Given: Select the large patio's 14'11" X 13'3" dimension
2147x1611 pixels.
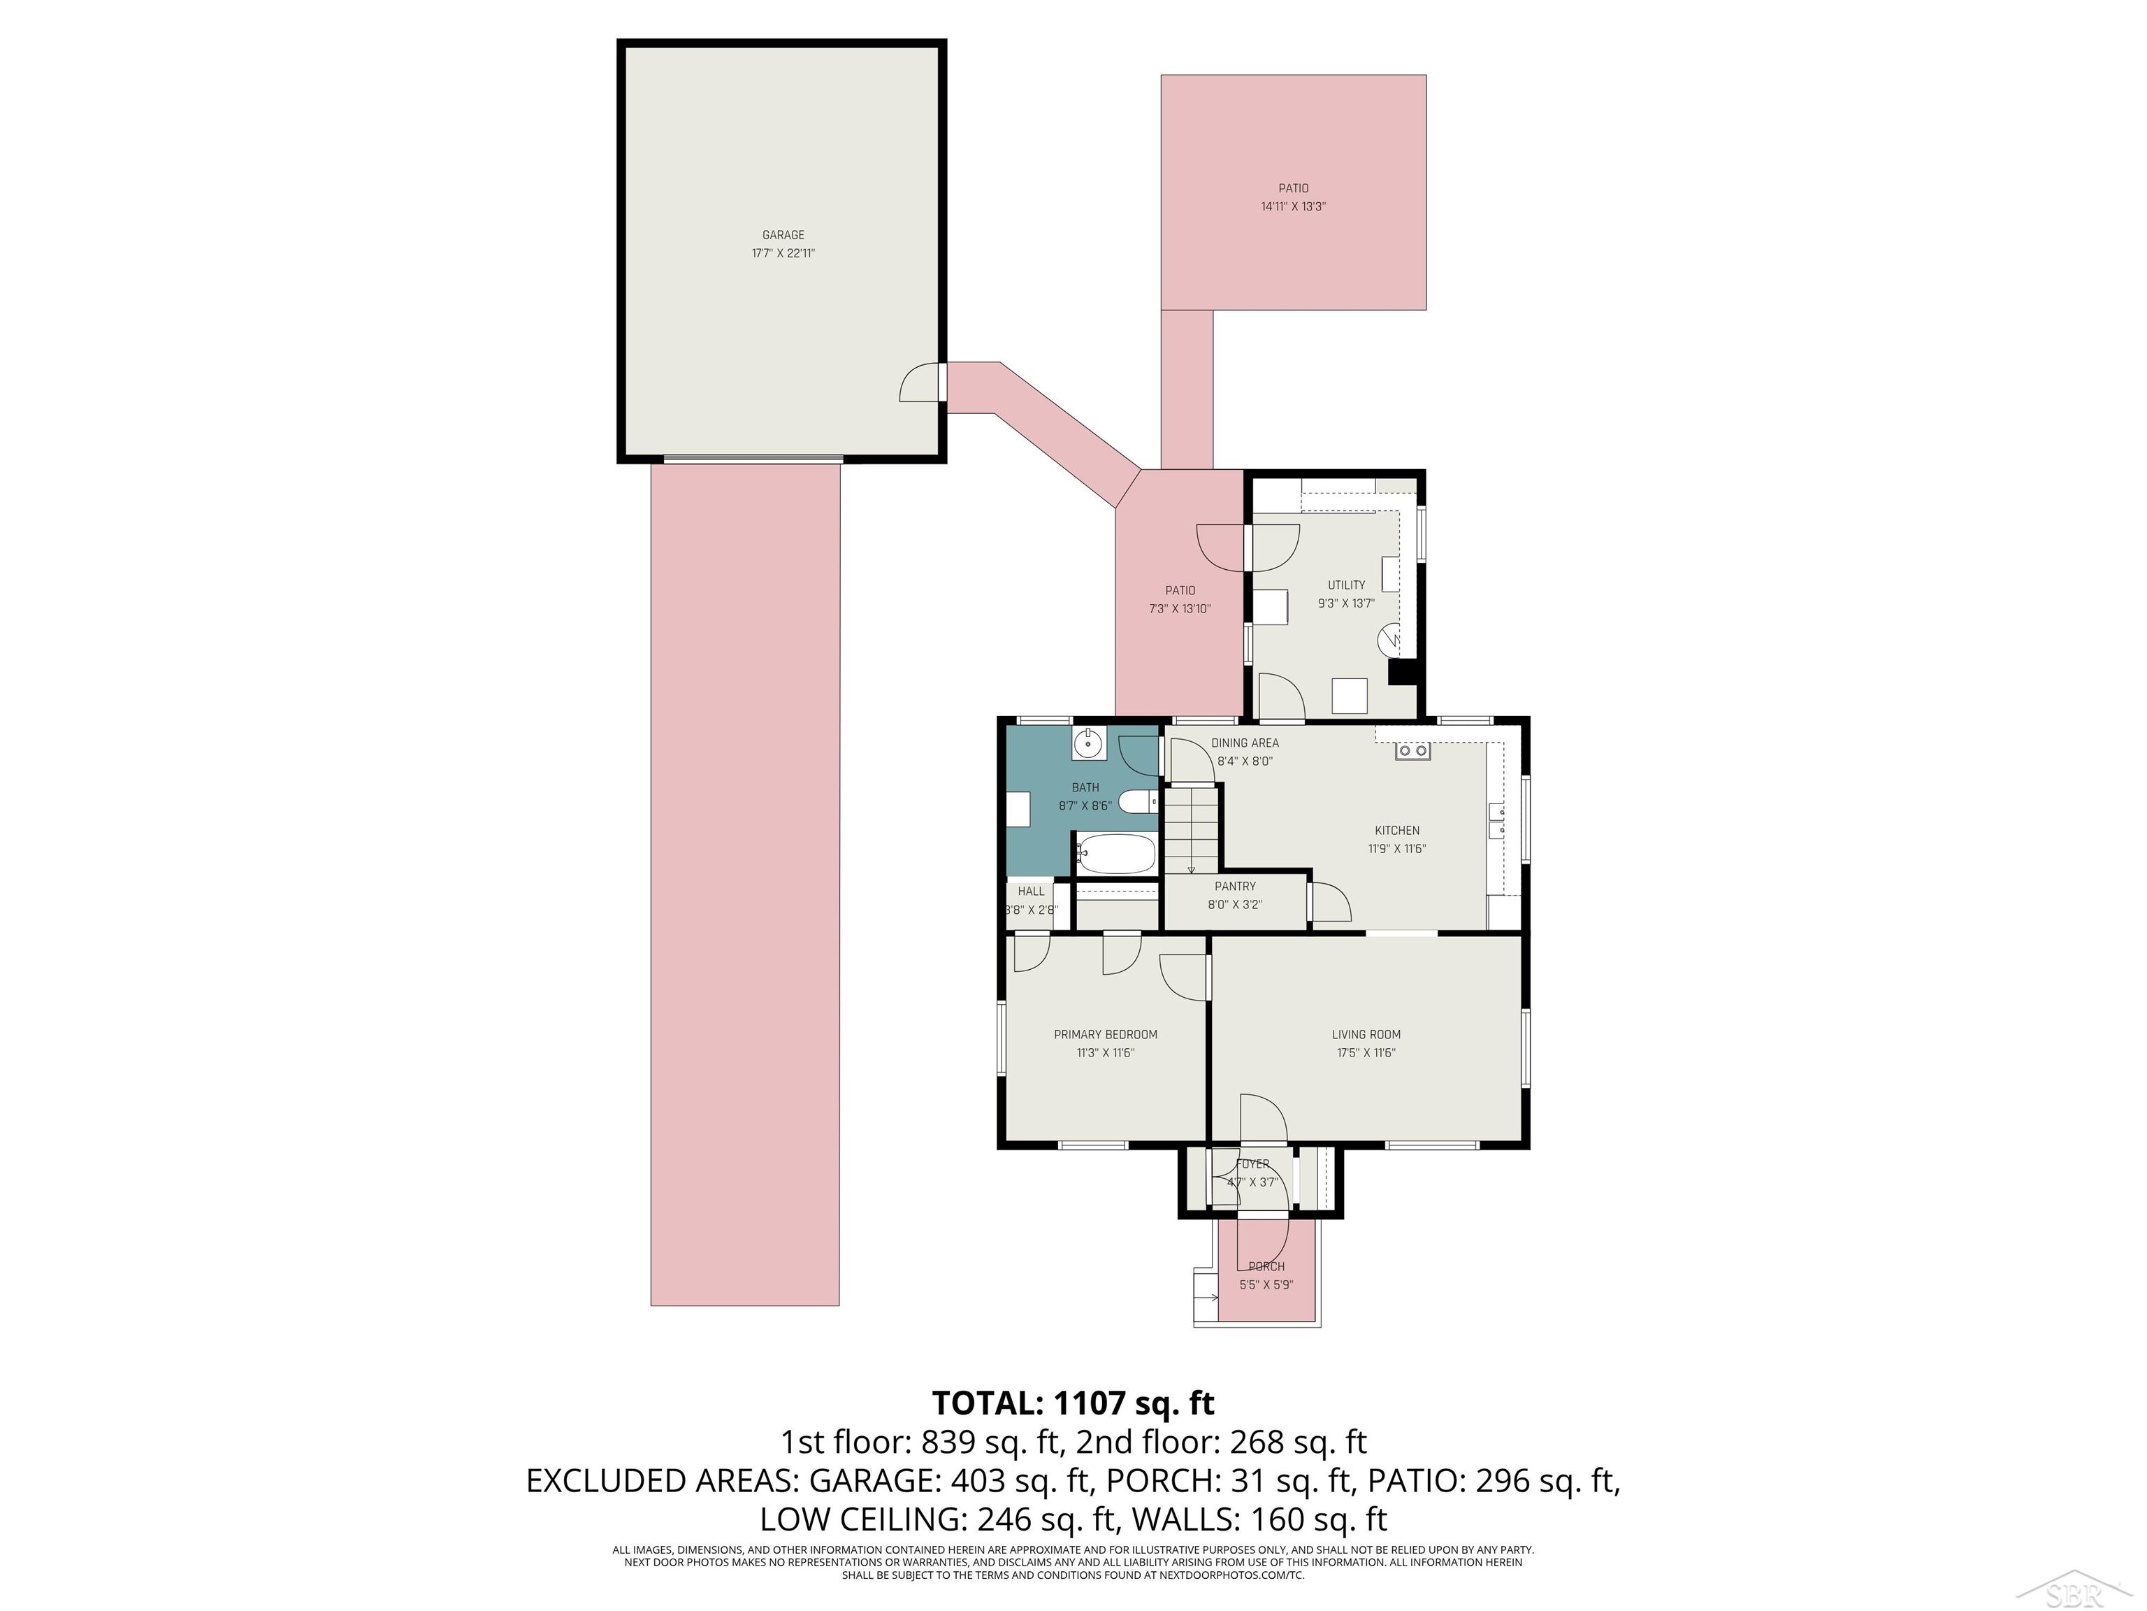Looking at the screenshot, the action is [x=1293, y=207].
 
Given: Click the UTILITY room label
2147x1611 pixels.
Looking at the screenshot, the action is [x=1346, y=585].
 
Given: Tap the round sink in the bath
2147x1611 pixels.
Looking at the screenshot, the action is [x=1089, y=745].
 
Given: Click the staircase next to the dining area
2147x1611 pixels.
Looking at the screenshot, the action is [x=1191, y=831].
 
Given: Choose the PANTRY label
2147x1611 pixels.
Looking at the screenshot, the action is [x=1235, y=886].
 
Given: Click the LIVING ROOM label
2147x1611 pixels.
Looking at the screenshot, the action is [x=1366, y=1034].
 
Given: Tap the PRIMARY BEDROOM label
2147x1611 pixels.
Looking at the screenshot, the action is [x=1106, y=1034].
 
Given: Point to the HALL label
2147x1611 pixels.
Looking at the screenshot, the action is [x=1031, y=891].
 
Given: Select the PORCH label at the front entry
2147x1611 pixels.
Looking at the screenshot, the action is [x=1266, y=1266].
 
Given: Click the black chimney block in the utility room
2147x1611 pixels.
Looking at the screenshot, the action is [x=1403, y=672].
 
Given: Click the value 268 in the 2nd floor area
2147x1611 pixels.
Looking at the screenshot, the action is [x=1256, y=1442].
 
